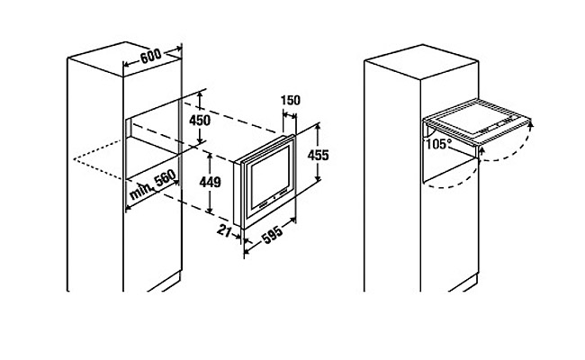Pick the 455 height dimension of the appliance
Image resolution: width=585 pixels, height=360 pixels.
pos(318,155)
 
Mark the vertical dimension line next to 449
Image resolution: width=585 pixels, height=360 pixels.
pos(208,184)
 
